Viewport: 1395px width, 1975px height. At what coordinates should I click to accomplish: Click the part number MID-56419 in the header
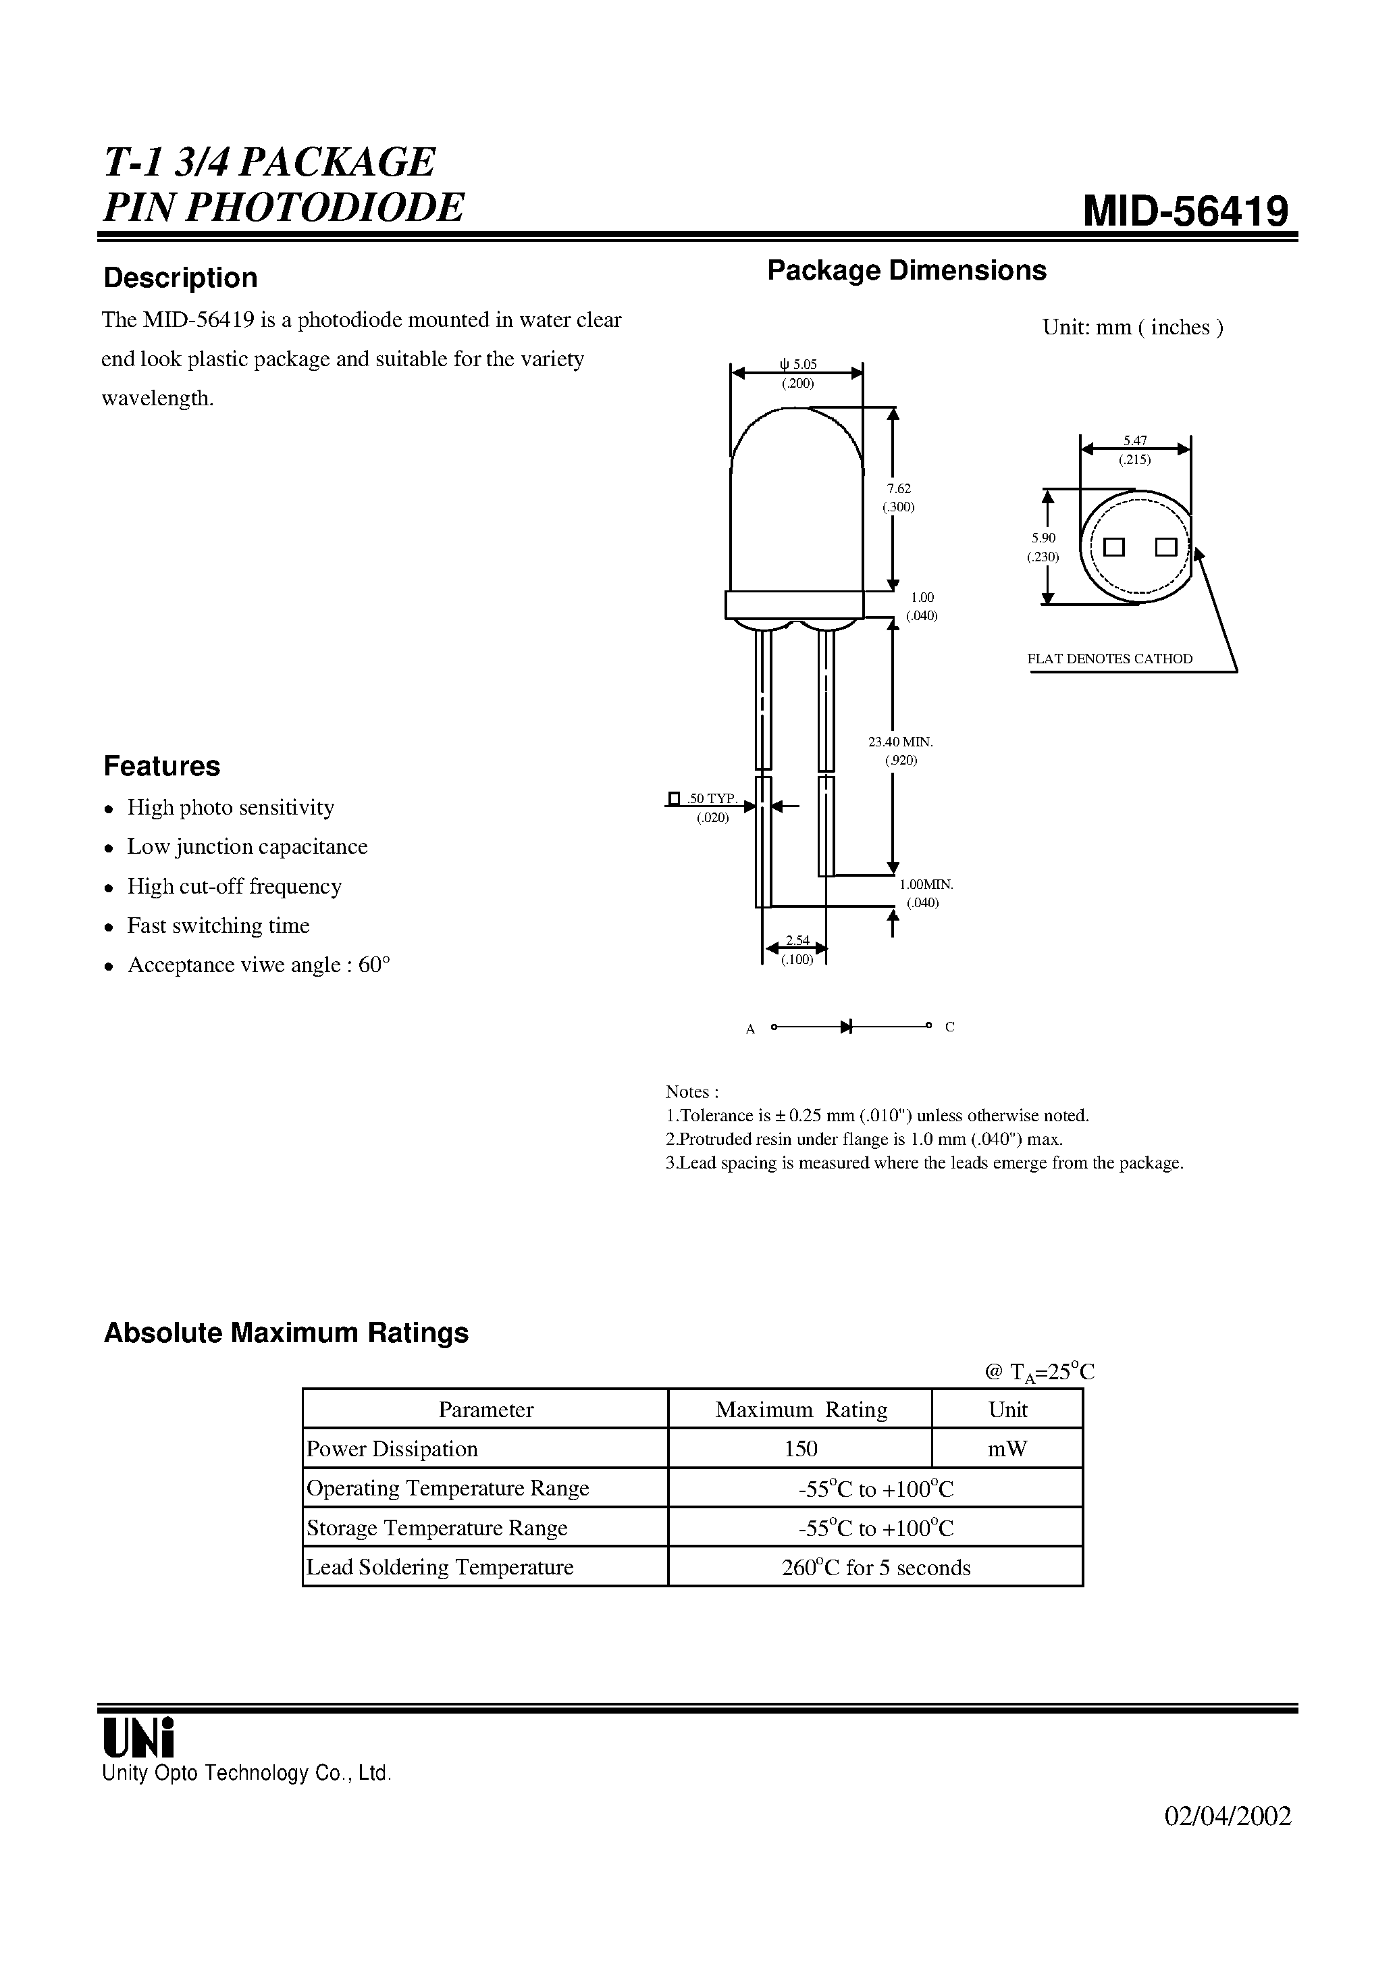tap(1186, 211)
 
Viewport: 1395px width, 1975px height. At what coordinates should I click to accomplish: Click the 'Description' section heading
tap(180, 278)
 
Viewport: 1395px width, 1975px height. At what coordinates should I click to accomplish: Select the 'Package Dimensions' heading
tap(907, 270)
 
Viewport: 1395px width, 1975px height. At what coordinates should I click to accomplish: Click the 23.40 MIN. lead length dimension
tap(901, 742)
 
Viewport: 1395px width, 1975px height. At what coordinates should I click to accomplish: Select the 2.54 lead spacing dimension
tap(797, 941)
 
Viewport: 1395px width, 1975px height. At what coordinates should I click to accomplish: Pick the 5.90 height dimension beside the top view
tap(1043, 538)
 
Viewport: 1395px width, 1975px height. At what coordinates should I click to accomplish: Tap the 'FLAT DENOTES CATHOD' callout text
tap(1109, 659)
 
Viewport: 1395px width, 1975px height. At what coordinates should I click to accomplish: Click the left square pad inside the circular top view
tap(1115, 547)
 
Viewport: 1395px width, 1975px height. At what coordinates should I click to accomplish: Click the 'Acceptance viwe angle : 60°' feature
tap(258, 965)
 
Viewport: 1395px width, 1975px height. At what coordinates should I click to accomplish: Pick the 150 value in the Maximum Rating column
tap(800, 1450)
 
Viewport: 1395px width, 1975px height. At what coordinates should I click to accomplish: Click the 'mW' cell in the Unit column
tap(1007, 1450)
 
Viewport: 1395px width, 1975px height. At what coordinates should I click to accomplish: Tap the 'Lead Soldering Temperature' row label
tap(440, 1567)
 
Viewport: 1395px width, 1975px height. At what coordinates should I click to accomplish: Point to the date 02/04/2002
tap(1228, 1816)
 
